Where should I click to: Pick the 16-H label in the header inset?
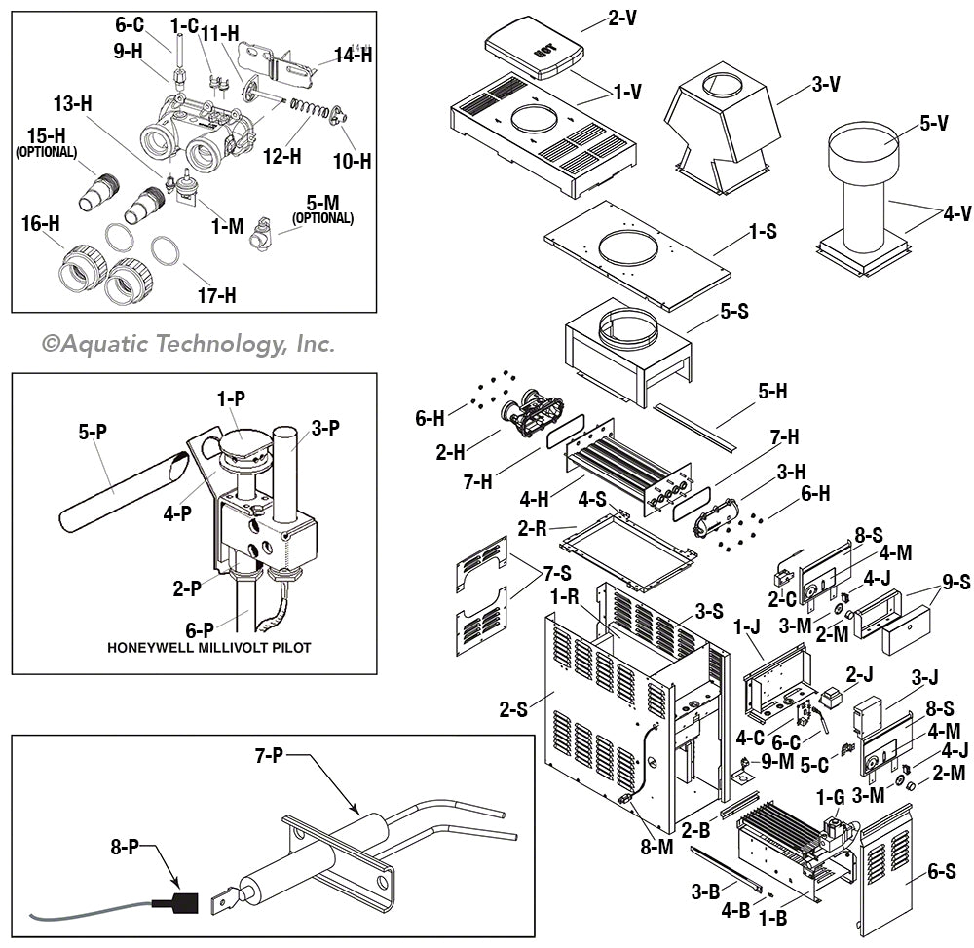click(x=42, y=224)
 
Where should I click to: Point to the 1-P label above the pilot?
click(x=234, y=398)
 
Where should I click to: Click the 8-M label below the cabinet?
click(x=656, y=847)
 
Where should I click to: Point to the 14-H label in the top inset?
click(x=352, y=55)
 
